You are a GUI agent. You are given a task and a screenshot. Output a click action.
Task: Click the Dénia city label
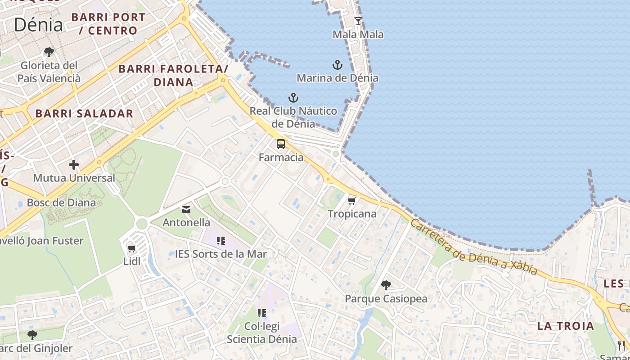coord(38,25)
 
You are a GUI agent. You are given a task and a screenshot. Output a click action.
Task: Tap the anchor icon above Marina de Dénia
coord(337,65)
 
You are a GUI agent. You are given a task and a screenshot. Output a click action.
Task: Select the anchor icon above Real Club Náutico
coord(293,98)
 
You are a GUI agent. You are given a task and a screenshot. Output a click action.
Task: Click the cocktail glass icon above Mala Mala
coord(358,21)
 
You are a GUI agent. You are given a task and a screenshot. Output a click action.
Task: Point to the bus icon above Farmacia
coord(281,144)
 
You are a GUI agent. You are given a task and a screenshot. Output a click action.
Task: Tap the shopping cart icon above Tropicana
coord(352,201)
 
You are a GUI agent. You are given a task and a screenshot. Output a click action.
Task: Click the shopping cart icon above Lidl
coord(132,248)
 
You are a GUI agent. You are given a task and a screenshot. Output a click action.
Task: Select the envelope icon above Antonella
coord(186,209)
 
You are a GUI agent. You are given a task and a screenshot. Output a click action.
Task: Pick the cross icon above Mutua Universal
coord(74,165)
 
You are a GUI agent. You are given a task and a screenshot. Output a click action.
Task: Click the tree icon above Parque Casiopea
coord(386,285)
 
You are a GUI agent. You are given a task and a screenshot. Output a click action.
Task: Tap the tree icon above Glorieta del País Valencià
coord(49,52)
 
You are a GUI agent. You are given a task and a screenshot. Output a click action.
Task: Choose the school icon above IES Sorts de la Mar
coord(220,241)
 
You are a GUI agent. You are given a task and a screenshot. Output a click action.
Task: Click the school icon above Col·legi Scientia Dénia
coord(261,313)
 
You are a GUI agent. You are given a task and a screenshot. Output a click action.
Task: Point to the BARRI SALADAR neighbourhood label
coord(85,113)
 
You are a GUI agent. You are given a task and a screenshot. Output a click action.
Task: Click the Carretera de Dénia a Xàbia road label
coord(474,247)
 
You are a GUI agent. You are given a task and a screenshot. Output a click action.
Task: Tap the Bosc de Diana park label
coord(61,202)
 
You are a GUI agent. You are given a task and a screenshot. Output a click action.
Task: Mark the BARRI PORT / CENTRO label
coord(108,24)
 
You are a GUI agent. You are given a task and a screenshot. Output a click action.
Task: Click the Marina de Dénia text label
coord(337,78)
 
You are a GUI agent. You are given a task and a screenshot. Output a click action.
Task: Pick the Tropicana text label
coord(352,214)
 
